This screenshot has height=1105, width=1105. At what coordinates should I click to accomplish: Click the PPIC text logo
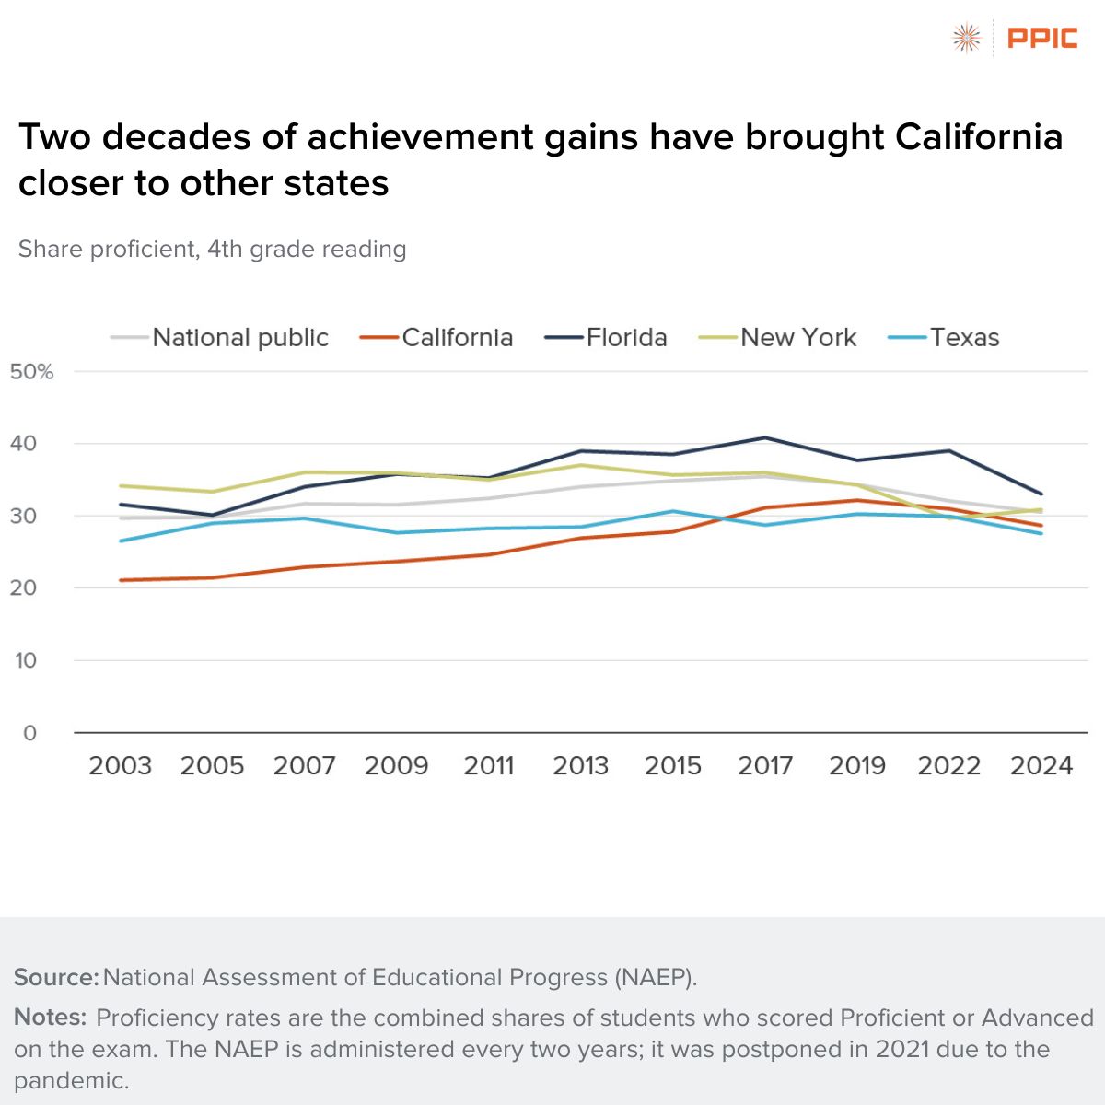1042,38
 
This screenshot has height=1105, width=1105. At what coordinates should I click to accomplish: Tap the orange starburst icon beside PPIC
966,38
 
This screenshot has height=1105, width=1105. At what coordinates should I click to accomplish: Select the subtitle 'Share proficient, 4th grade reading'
212,250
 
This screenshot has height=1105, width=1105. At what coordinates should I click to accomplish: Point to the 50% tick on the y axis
32,372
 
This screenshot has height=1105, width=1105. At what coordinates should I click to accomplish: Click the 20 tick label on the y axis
25,588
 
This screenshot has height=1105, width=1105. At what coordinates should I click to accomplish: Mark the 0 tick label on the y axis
29,733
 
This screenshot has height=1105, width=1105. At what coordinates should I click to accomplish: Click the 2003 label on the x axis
120,766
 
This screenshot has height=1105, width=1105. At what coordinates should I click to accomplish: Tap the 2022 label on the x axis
948,766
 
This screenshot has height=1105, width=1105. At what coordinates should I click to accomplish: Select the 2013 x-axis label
580,766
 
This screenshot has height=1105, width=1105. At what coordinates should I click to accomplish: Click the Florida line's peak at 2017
765,437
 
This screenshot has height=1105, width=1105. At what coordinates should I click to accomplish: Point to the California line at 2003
121,580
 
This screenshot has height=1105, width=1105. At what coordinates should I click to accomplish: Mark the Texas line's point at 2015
673,511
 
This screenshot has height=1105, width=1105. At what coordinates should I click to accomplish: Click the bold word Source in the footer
55,978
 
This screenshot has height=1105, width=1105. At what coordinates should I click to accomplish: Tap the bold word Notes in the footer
50,1018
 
